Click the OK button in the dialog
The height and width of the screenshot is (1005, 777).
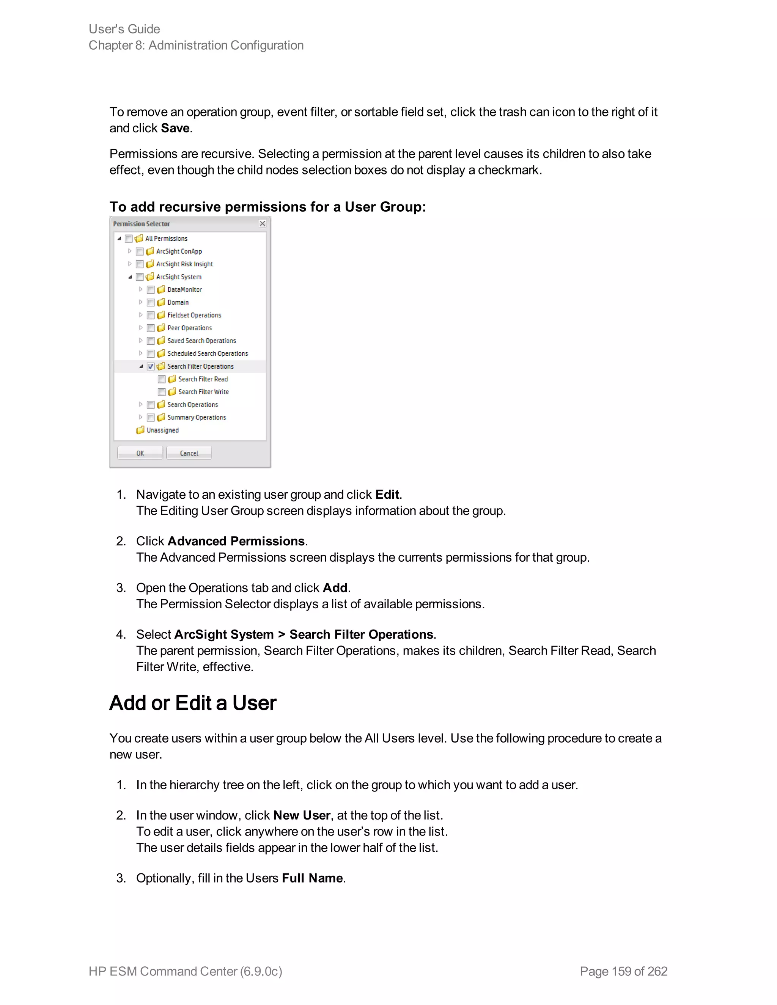[140, 453]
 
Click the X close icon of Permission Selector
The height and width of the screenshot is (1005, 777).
[263, 224]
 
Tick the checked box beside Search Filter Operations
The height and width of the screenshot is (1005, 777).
[151, 367]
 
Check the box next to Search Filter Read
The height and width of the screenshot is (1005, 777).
[162, 379]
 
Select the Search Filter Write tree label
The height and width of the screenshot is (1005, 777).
[203, 392]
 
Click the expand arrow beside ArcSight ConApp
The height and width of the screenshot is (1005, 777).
[130, 251]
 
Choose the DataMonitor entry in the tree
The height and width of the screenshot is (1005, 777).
[184, 290]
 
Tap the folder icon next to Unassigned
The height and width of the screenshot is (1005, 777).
[140, 430]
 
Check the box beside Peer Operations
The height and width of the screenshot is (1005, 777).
[151, 328]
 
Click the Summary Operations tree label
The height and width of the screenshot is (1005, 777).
[196, 418]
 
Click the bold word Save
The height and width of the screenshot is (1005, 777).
[175, 129]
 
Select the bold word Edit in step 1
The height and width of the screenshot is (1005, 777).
[387, 495]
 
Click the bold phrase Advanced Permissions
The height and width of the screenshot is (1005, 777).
[236, 541]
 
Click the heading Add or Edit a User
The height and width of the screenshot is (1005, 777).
[192, 703]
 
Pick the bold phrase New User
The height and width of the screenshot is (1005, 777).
[302, 815]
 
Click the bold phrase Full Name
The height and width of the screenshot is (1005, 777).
[312, 878]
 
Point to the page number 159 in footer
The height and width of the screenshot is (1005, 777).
[621, 971]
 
